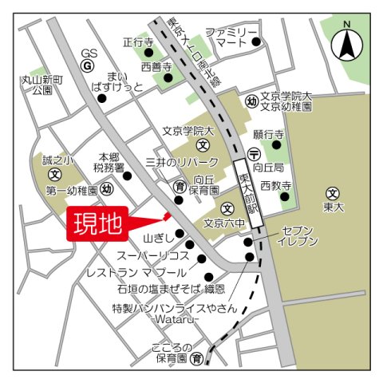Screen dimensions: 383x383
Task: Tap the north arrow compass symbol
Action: coord(347,43)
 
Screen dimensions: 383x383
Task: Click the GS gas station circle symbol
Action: coord(89,65)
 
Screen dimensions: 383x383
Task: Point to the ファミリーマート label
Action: coord(231,37)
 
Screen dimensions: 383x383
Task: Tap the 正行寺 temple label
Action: coord(137,41)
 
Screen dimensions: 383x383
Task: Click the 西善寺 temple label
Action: coord(156,67)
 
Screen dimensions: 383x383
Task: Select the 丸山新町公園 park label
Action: coord(37,85)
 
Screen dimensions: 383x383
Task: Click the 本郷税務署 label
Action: coord(109,162)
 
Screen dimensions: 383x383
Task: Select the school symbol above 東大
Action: coord(333,192)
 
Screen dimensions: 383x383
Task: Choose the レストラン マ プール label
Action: coord(138,272)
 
